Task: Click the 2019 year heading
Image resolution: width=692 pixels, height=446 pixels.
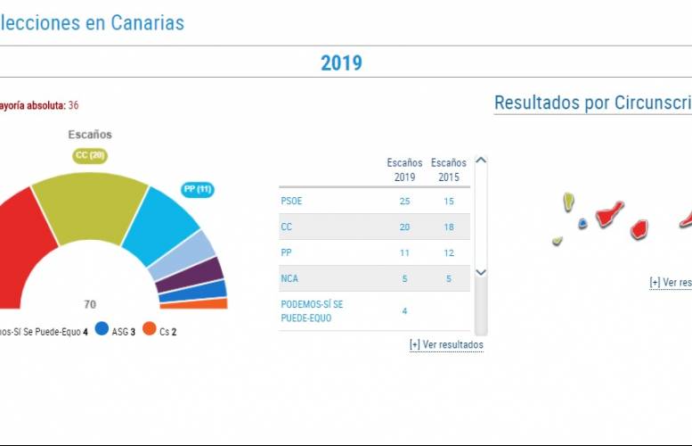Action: pos(341,62)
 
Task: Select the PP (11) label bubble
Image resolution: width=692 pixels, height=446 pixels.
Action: pos(197,189)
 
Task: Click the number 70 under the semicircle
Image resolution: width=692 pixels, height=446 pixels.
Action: pos(90,303)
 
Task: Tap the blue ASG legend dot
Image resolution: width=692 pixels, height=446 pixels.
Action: pos(102,328)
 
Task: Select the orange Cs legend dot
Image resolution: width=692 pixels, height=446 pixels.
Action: pos(150,328)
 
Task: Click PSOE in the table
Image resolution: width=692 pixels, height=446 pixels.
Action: pos(291,201)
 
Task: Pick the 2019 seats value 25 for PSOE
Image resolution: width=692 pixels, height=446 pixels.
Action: pos(404,201)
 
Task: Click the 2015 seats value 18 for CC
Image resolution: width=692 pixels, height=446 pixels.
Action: pos(448,227)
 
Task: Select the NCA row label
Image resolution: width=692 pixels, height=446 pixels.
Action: pos(289,278)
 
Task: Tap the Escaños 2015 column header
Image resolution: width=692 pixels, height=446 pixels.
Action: pos(448,169)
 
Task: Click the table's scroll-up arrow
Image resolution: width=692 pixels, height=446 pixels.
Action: pos(481,161)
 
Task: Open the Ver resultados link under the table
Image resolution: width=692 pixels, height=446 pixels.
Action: pos(446,344)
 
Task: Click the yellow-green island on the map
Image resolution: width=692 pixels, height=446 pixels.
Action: pos(568,202)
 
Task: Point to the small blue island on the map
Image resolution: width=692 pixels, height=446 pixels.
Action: pos(582,223)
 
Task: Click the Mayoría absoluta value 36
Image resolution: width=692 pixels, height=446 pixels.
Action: pos(73,105)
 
